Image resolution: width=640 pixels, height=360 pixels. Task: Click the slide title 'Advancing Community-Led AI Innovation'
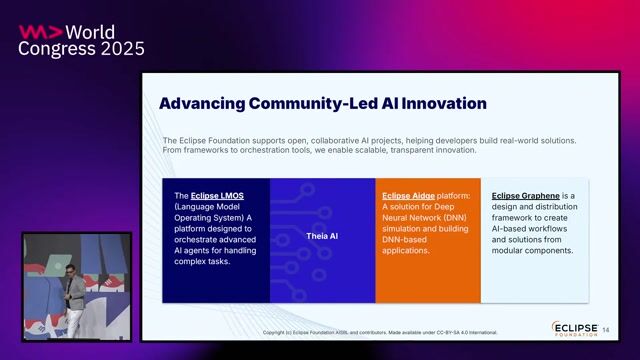322,104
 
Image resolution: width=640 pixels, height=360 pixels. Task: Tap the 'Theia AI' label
321,236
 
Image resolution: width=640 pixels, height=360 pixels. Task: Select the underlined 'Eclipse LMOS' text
217,196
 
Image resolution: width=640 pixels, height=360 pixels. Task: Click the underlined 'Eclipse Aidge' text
409,196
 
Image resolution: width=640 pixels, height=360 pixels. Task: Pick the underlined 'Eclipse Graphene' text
524,196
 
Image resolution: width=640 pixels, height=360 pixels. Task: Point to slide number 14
605,330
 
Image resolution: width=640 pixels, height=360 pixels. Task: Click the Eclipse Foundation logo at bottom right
574,329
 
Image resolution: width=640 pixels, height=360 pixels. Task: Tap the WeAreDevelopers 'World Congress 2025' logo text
82,40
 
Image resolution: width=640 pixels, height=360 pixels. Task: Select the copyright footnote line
380,332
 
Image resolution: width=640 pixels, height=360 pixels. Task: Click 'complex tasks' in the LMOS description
203,262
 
